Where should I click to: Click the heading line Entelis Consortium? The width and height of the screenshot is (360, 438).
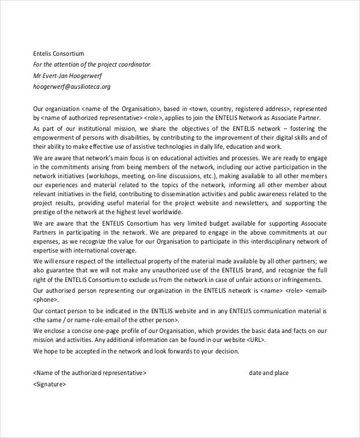[x=59, y=53]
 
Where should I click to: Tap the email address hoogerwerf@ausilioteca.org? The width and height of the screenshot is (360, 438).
[x=71, y=86]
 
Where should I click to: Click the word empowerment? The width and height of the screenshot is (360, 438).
[x=56, y=138]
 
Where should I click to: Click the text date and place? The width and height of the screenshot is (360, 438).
[x=269, y=373]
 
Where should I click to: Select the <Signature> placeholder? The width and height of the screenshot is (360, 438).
[x=50, y=384]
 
